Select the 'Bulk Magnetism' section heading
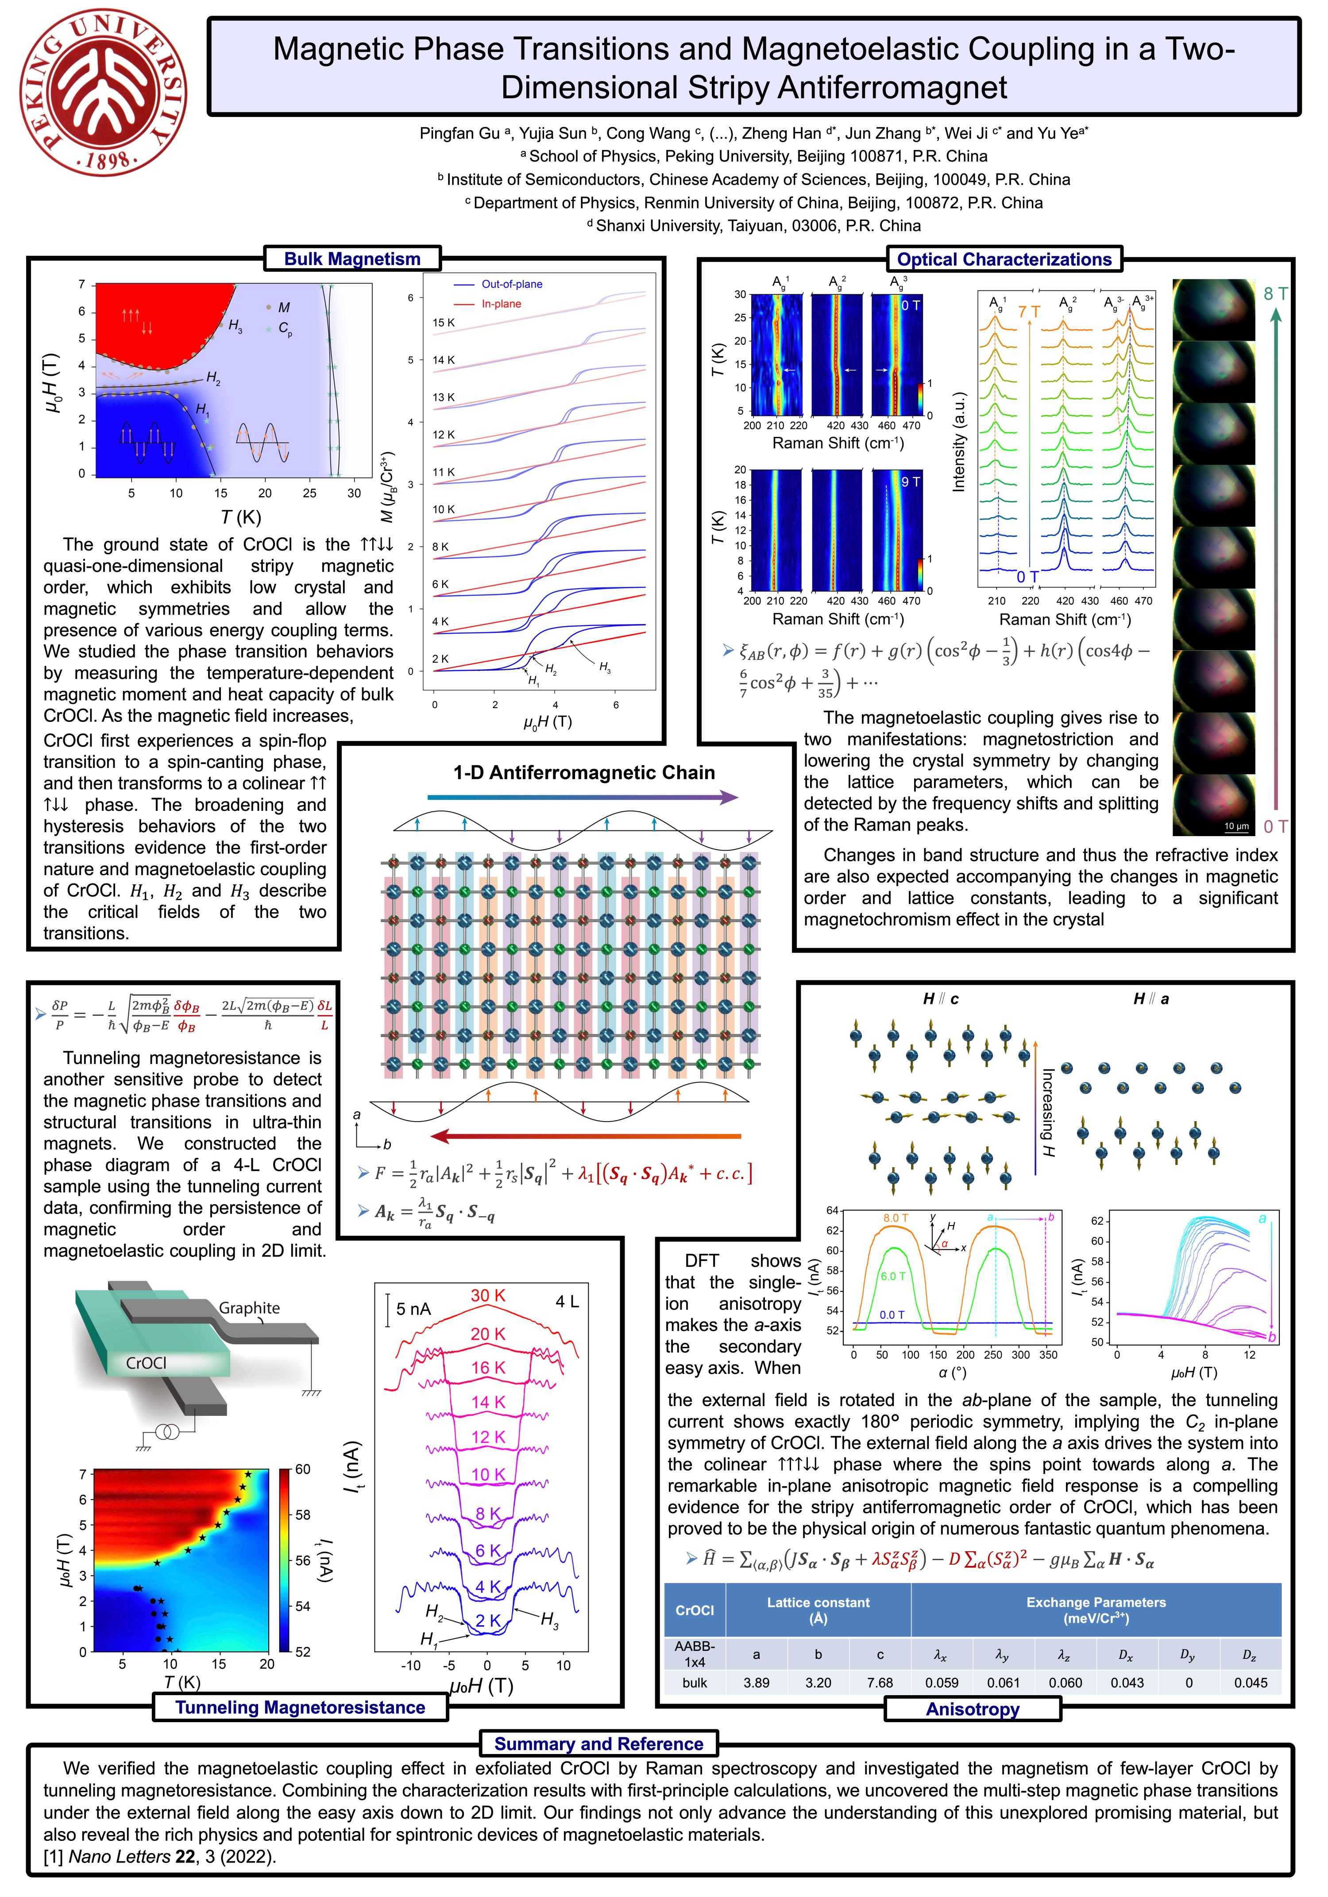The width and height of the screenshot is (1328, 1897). click(x=352, y=258)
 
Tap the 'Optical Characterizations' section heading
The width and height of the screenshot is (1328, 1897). click(x=1004, y=259)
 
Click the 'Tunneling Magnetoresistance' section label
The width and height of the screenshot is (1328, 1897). click(x=300, y=1707)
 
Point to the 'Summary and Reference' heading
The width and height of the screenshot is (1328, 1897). click(x=598, y=1744)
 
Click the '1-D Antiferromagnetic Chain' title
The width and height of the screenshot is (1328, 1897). click(x=583, y=772)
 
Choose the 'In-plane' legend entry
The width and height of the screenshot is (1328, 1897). click(x=501, y=304)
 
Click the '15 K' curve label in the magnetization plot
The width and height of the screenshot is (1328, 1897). click(x=444, y=322)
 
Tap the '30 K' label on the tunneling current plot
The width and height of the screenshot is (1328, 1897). click(x=487, y=1296)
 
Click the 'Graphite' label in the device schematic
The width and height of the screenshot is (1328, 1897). click(x=249, y=1308)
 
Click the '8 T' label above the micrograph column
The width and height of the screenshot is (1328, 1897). click(x=1275, y=293)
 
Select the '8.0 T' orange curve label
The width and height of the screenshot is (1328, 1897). click(x=896, y=1218)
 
